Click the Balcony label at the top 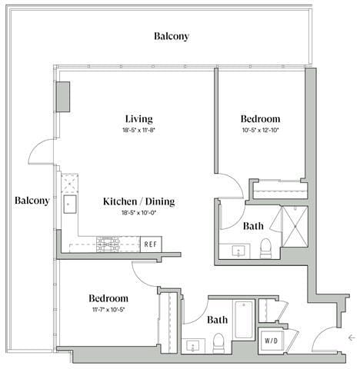(x=171, y=36)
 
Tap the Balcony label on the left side (x=32, y=201)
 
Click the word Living (x=139, y=119)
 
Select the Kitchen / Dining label (x=139, y=201)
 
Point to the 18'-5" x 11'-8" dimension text (x=139, y=131)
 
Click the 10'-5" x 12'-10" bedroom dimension (x=259, y=131)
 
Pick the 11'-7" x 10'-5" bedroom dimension (x=108, y=310)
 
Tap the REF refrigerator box (x=152, y=244)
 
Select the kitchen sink (x=69, y=204)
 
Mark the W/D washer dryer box (x=272, y=339)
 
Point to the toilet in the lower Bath (x=218, y=341)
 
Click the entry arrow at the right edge (x=351, y=337)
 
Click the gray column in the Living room (x=62, y=95)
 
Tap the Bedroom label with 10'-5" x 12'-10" (x=259, y=119)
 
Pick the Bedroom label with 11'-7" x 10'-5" (x=108, y=298)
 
